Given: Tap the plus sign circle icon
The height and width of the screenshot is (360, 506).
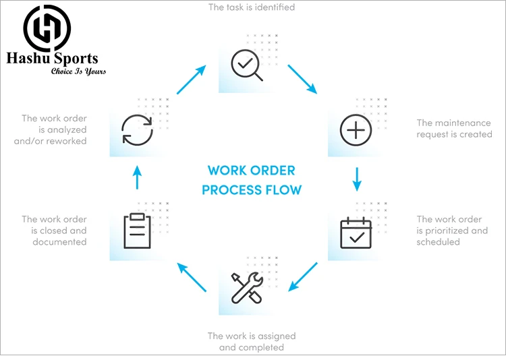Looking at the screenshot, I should [356, 128].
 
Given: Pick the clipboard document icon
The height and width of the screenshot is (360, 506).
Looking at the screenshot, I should [137, 232].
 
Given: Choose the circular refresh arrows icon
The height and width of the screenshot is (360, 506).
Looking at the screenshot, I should [137, 129].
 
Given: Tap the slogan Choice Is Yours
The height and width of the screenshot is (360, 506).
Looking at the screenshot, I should [78, 71].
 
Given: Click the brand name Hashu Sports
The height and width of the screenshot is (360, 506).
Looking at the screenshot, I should [52, 59].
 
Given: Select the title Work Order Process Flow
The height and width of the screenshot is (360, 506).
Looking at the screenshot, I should [252, 180].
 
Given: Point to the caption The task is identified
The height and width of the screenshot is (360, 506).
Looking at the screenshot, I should [252, 7].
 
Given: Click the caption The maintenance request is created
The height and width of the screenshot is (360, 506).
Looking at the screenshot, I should [454, 128].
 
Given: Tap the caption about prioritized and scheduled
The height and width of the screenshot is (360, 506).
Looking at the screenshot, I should [451, 231].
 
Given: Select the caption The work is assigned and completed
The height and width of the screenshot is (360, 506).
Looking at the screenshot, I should [252, 341].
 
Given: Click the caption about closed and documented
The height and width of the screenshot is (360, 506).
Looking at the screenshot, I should [55, 231].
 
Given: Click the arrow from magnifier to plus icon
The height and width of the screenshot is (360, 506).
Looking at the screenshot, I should [302, 79].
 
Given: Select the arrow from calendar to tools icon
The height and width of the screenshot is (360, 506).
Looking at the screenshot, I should [302, 276].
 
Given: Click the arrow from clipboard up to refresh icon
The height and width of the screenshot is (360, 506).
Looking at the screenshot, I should [137, 179].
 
